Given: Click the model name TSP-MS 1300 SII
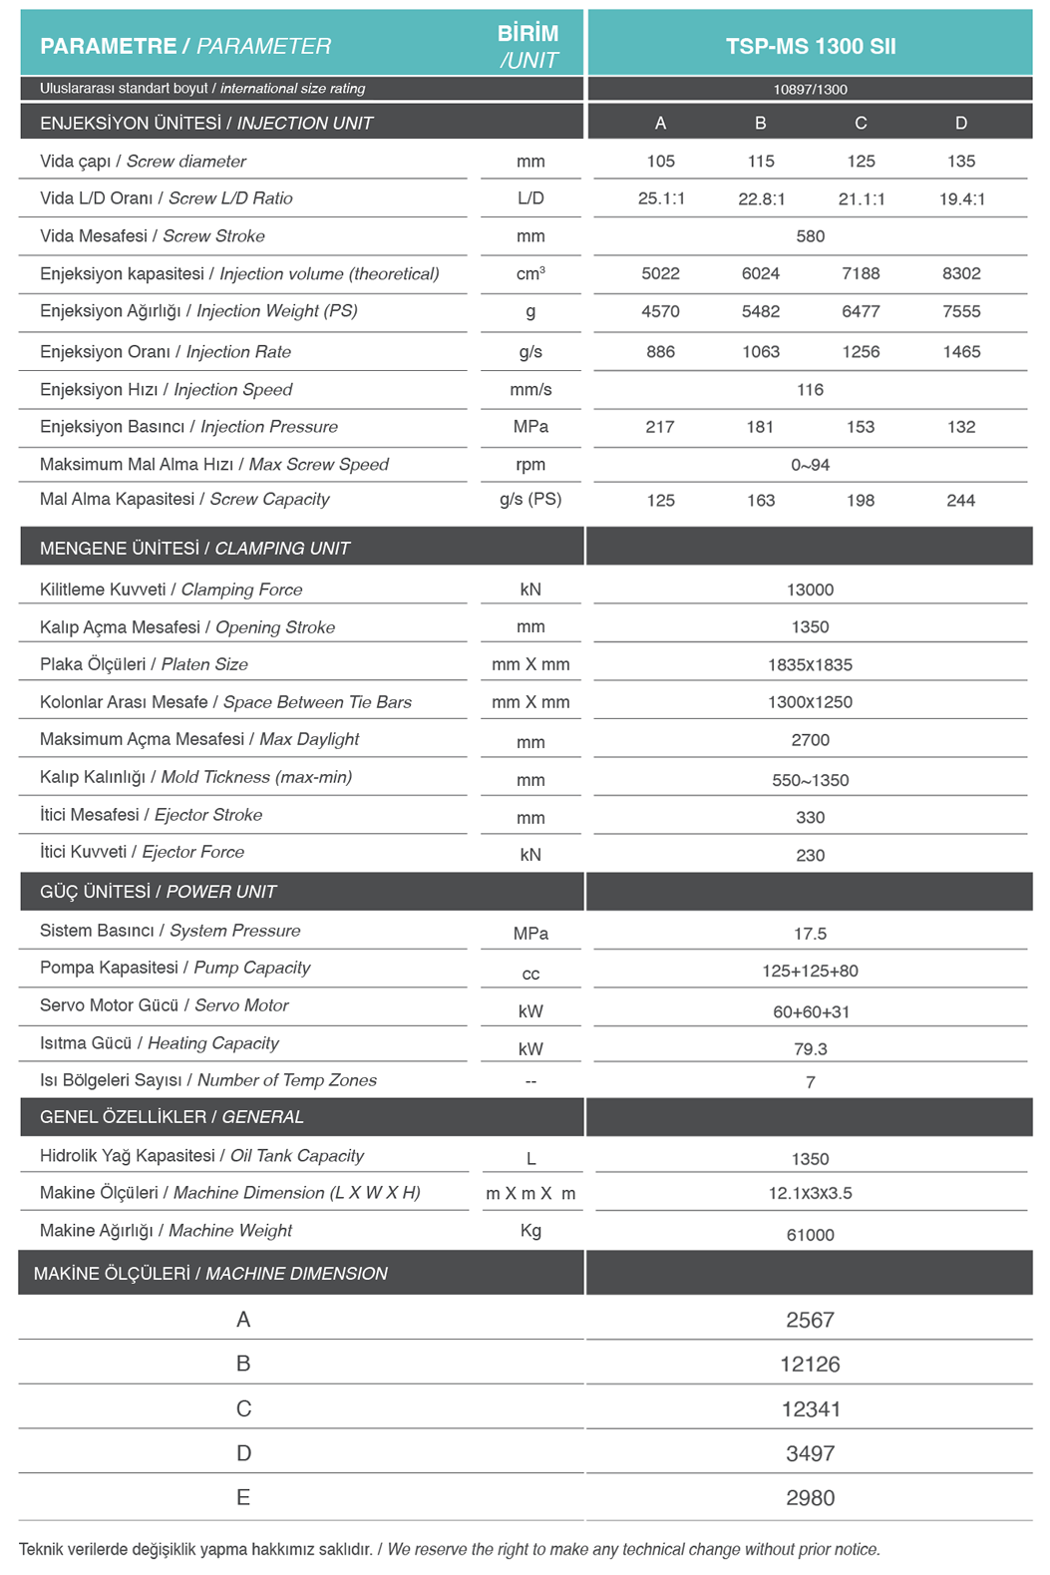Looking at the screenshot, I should click(x=810, y=46).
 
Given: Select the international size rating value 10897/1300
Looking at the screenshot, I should click(x=810, y=89).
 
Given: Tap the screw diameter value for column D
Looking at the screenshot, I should click(x=960, y=162).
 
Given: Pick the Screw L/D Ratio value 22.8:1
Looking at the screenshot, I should click(x=761, y=198).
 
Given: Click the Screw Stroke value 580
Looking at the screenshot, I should click(x=810, y=236).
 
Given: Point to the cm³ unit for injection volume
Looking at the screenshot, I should click(x=530, y=273).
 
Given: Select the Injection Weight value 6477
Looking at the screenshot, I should click(x=861, y=311).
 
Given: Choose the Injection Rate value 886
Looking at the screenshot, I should click(x=660, y=352).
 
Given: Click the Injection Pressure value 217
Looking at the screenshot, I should click(x=660, y=427).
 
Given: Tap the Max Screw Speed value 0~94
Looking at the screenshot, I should click(x=810, y=465).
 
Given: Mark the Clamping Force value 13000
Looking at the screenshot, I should click(x=810, y=590).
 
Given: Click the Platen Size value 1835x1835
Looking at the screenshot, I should click(x=810, y=664).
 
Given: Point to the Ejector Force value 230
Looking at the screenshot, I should click(x=810, y=855).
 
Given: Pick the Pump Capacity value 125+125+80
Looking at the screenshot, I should click(x=810, y=971).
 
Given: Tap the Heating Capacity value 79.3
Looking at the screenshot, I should click(x=810, y=1048).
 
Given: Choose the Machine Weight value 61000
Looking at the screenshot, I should click(x=810, y=1235).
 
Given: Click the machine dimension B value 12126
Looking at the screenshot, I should click(x=810, y=1364).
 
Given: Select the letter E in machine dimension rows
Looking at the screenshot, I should click(x=243, y=1497).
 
